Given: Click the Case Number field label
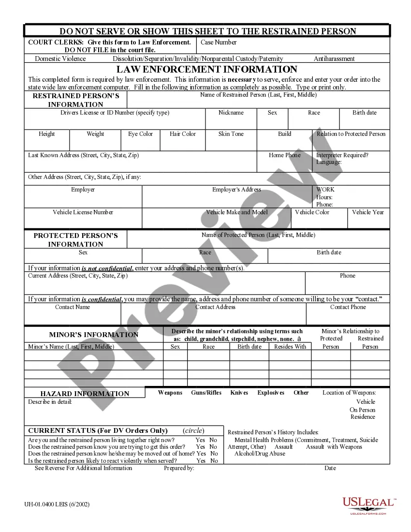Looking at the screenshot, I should pyautogui.click(x=219, y=42).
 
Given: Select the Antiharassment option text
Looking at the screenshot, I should pyautogui.click(x=334, y=59).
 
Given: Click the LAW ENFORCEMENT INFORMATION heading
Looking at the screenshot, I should pyautogui.click(x=207, y=69).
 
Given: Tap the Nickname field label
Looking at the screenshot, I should pyautogui.click(x=231, y=113).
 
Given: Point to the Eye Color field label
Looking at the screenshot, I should pyautogui.click(x=140, y=134).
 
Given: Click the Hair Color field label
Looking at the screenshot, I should pyautogui.click(x=183, y=134).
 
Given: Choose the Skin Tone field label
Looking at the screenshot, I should pyautogui.click(x=231, y=134).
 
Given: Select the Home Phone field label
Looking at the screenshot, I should pyautogui.click(x=285, y=155).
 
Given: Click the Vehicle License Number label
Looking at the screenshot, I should pyautogui.click(x=83, y=212).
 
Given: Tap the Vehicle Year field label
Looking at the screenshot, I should pyautogui.click(x=368, y=212).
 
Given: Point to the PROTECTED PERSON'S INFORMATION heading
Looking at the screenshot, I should pyautogui.click(x=75, y=240).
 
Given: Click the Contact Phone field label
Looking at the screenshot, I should pyautogui.click(x=348, y=307).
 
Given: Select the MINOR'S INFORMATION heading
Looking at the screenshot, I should pyautogui.click(x=94, y=335).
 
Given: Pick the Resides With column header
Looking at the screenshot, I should pyautogui.click(x=290, y=347).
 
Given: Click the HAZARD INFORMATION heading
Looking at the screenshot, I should pyautogui.click(x=85, y=394).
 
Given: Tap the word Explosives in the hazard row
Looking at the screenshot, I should pyautogui.click(x=271, y=393).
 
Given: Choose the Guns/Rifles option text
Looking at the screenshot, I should pyautogui.click(x=206, y=393).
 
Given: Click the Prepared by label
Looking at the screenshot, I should pyautogui.click(x=179, y=468).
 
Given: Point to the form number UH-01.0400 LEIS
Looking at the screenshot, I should pyautogui.click(x=57, y=504).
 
